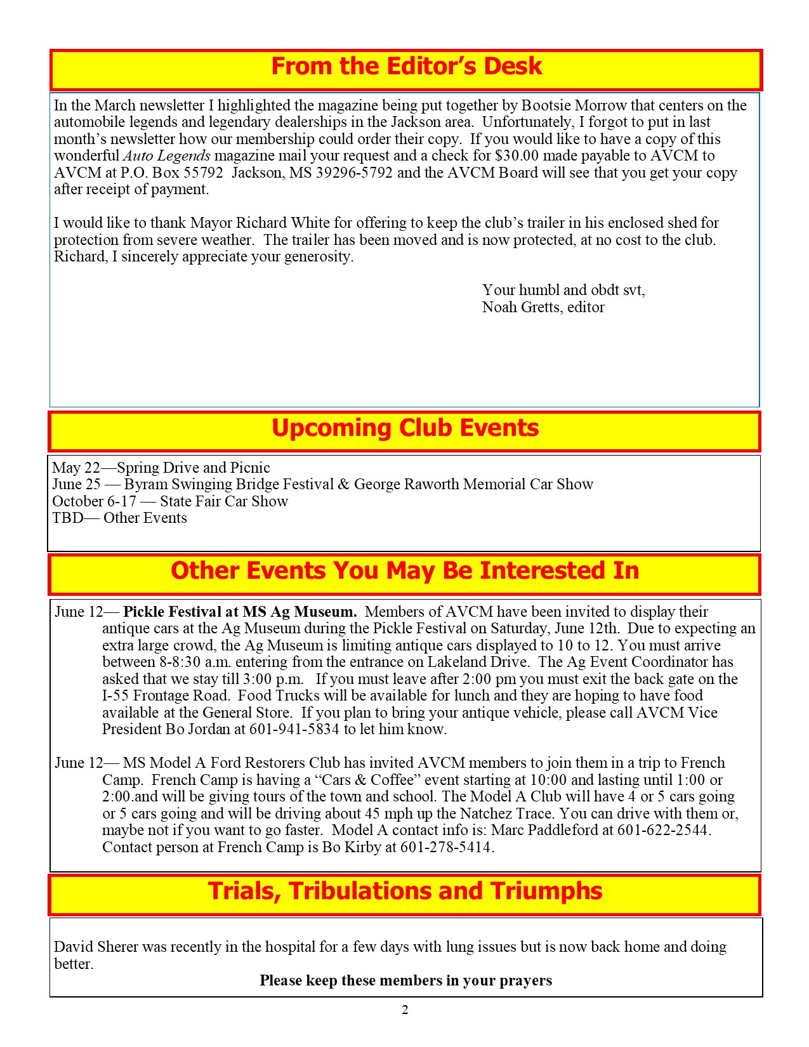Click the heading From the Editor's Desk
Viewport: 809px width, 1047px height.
[406, 67]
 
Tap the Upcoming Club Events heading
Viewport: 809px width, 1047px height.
[405, 428]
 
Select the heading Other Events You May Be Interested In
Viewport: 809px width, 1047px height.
[405, 571]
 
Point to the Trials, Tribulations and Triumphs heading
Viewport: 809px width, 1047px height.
[405, 892]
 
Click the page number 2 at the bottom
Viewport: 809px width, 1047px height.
[405, 1010]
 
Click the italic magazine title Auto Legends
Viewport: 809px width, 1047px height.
[167, 156]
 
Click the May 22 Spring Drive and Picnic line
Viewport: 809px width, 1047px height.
[161, 468]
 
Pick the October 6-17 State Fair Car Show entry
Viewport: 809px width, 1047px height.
[170, 501]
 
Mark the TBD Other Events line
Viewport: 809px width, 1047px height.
[119, 518]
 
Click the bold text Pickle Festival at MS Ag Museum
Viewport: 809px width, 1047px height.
[240, 612]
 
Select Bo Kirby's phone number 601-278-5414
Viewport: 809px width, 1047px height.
[446, 847]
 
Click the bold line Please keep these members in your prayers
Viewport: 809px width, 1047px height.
[405, 980]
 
